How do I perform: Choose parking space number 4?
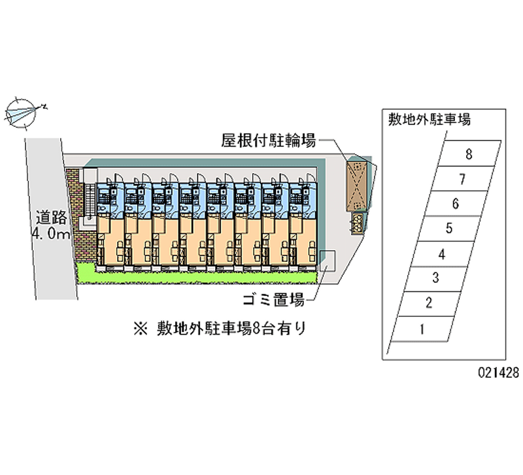(x=442, y=254)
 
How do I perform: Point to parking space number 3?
(x=435, y=278)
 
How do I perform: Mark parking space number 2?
(x=428, y=303)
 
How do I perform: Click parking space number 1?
(x=422, y=329)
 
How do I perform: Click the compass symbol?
(x=24, y=112)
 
